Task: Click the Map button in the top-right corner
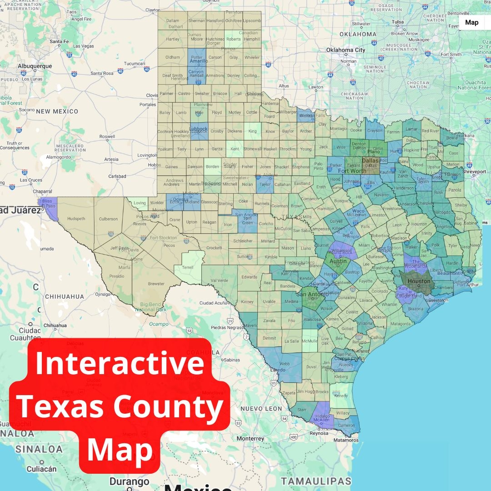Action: pyautogui.click(x=471, y=22)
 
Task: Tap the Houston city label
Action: pyautogui.click(x=418, y=281)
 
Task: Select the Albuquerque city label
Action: pyautogui.click(x=35, y=66)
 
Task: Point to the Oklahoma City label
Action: pyautogui.click(x=346, y=50)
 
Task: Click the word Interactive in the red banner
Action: pyautogui.click(x=120, y=364)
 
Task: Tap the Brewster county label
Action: pyautogui.click(x=156, y=284)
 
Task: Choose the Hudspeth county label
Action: pyautogui.click(x=76, y=219)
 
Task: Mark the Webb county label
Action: pyautogui.click(x=284, y=364)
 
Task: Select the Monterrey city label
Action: pyautogui.click(x=251, y=439)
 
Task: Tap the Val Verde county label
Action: pyautogui.click(x=220, y=281)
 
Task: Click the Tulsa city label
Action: pyautogui.click(x=398, y=22)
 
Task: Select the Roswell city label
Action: pyautogui.click(x=107, y=136)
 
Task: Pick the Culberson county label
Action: pyautogui.click(x=108, y=219)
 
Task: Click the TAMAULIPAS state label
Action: pyautogui.click(x=316, y=481)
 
